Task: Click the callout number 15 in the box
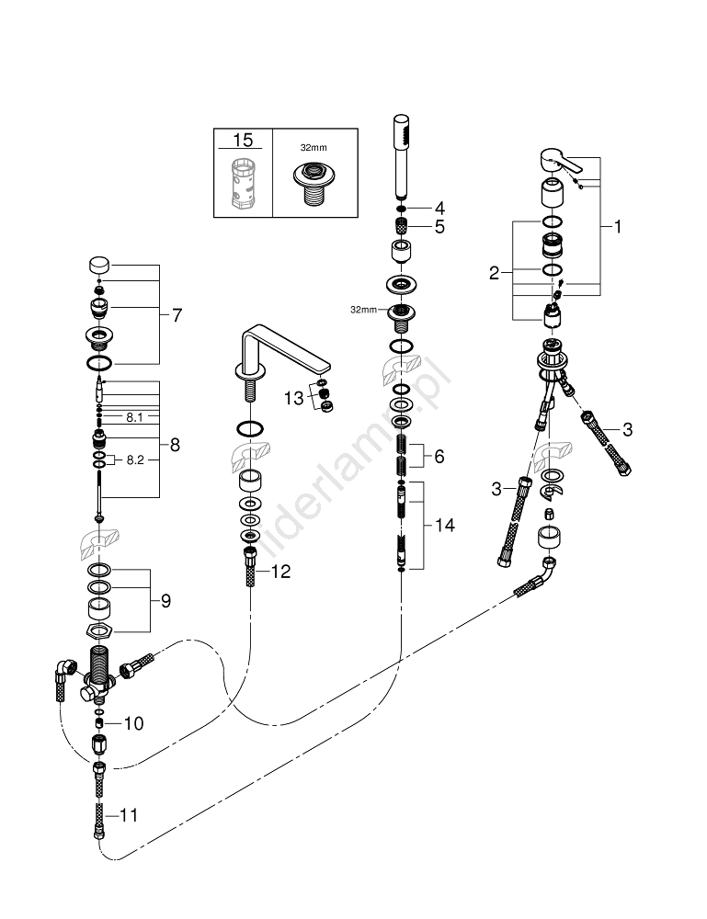click(243, 141)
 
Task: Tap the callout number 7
click(177, 315)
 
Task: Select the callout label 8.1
click(134, 417)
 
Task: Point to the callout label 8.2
click(134, 459)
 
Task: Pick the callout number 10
click(132, 723)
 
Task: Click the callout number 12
click(279, 572)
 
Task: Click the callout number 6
click(439, 455)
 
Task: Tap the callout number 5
click(439, 226)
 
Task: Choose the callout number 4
click(439, 207)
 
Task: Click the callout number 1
click(617, 225)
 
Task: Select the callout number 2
click(495, 272)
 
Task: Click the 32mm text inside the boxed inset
click(314, 146)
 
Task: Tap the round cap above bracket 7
click(98, 266)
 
